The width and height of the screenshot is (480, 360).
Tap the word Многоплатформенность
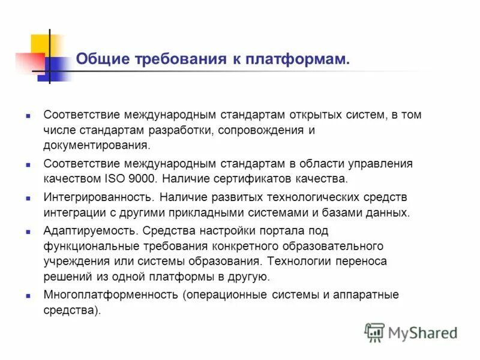coord(111,295)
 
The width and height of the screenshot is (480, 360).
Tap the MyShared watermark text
coord(422,332)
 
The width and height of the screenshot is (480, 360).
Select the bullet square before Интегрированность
coord(28,197)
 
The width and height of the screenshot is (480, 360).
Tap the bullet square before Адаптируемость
coord(28,231)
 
